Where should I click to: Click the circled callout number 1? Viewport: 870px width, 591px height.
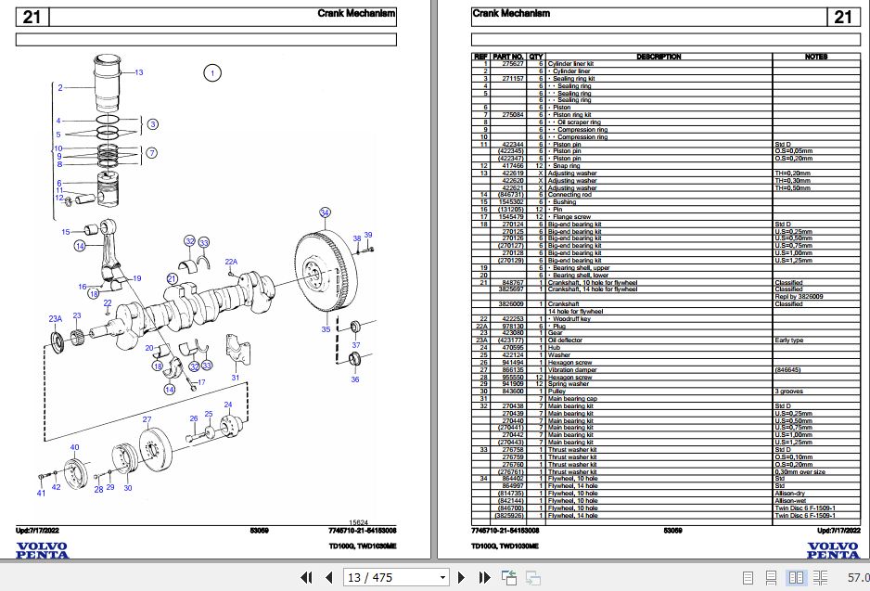[211, 72]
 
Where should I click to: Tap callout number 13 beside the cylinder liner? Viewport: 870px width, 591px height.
[138, 72]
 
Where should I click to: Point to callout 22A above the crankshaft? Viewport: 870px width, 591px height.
[231, 263]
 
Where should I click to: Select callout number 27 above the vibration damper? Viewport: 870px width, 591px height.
[146, 420]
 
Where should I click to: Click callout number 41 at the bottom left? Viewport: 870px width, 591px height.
[40, 493]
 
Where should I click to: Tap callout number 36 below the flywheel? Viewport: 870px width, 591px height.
[354, 379]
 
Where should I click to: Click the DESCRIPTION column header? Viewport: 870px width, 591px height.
[659, 57]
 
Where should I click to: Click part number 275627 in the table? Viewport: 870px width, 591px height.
[513, 64]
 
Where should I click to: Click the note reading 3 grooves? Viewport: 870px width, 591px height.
[789, 392]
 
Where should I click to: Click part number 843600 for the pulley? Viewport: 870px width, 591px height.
[513, 392]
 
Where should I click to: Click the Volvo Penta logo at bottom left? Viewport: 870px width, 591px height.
[42, 550]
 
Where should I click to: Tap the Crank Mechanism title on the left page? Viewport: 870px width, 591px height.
[356, 14]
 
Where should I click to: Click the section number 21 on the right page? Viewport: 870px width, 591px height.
[842, 17]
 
